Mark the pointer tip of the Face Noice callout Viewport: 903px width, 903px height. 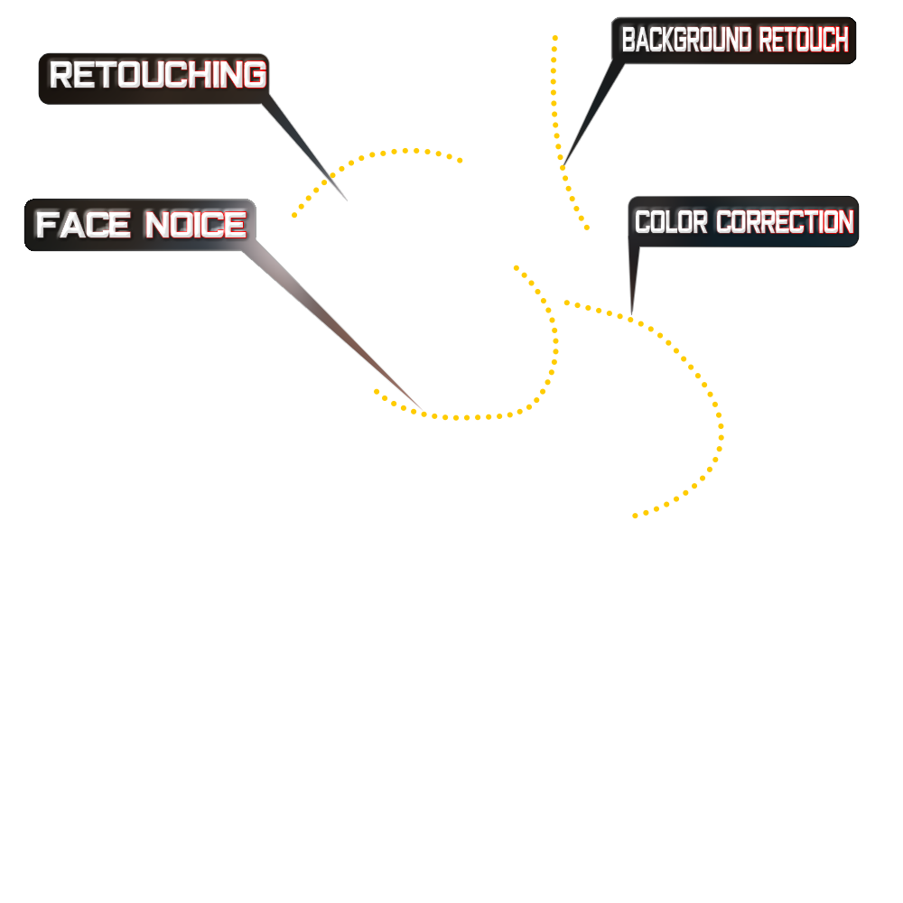click(428, 414)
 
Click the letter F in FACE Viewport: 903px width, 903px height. click(45, 224)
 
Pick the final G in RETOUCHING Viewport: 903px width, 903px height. click(256, 75)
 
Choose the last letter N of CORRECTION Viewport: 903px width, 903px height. click(845, 222)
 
